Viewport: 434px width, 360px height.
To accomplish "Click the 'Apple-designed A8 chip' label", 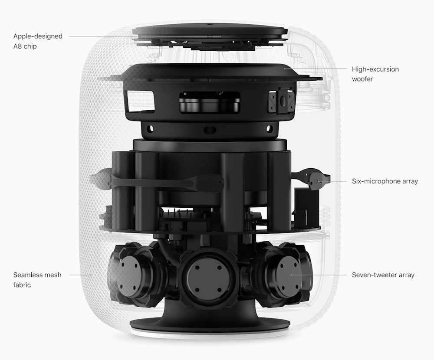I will [x=38, y=41].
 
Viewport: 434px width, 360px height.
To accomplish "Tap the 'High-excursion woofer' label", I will [x=375, y=74].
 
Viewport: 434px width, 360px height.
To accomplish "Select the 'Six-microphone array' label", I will [x=385, y=181].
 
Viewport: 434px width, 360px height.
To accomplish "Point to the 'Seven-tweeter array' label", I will [x=383, y=275].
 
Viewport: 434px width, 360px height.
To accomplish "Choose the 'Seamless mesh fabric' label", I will [x=37, y=280].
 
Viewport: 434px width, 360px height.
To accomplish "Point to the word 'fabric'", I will [x=23, y=285].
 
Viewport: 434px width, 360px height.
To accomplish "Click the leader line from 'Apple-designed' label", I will [x=100, y=36].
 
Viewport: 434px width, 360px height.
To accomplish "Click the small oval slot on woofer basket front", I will [x=210, y=130].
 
